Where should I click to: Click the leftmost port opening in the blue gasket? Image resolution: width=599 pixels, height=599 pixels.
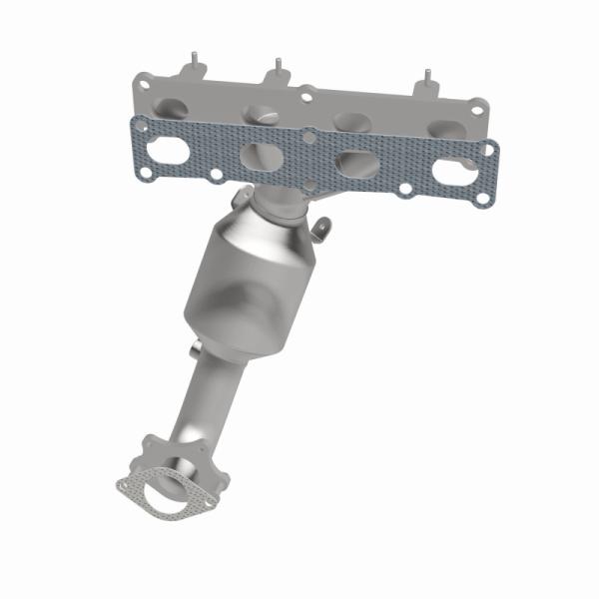tap(167, 152)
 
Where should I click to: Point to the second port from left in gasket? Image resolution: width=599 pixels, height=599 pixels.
tap(260, 157)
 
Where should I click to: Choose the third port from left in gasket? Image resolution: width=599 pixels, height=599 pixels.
tap(355, 164)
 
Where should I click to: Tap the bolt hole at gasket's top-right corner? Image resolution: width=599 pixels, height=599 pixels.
tap(488, 150)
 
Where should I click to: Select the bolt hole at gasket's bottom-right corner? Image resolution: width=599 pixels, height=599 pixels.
tap(482, 198)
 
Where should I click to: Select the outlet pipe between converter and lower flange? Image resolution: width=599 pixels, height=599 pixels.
tap(200, 399)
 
